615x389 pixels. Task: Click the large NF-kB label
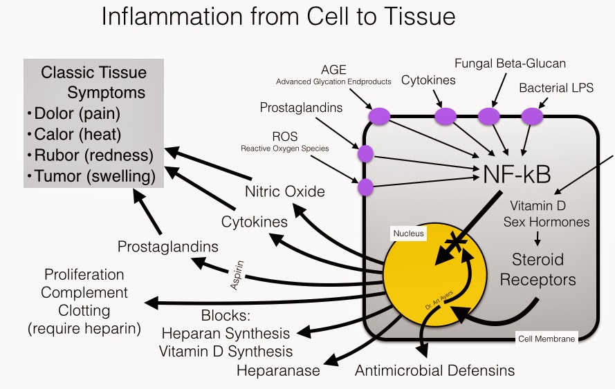(517, 174)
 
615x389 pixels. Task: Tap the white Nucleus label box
(408, 234)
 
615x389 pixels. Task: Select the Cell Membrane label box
(547, 339)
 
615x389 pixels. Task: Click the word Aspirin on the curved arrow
(237, 275)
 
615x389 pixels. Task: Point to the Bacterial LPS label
(556, 88)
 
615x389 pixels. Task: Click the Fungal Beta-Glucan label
(510, 64)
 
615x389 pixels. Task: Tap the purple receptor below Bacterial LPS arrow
(532, 116)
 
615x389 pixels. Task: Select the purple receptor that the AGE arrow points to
(380, 116)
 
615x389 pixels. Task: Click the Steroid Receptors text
(538, 269)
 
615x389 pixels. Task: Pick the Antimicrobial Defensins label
(434, 370)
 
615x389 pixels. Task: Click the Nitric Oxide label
(285, 191)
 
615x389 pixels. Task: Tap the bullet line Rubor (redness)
(90, 155)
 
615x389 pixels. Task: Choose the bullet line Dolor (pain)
(74, 113)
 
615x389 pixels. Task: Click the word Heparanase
(278, 370)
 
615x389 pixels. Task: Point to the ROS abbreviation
(285, 136)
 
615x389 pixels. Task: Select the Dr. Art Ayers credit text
(439, 300)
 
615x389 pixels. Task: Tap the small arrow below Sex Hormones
(538, 238)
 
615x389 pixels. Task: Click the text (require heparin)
(84, 328)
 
